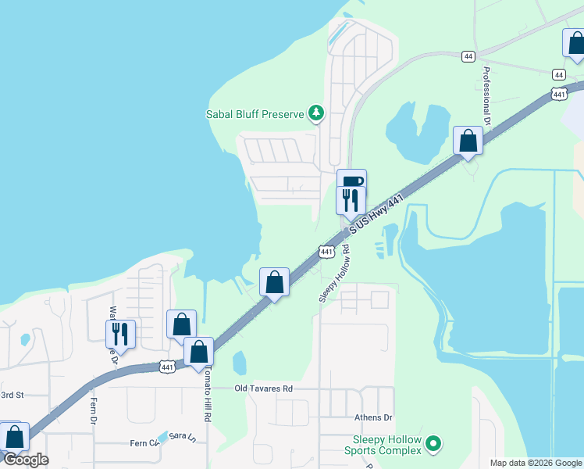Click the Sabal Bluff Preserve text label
254,114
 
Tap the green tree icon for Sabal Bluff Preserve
316,114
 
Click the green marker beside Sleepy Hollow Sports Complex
433,445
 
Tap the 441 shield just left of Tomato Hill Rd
166,366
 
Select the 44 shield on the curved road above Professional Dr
468,56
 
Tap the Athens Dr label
373,417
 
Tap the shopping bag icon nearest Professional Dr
468,141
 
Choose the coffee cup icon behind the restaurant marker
352,181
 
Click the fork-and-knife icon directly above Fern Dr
120,334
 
